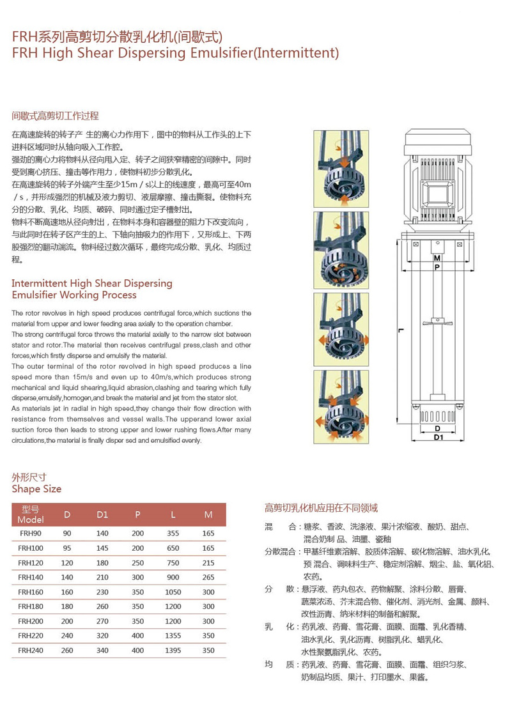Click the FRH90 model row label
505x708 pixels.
(x=30, y=533)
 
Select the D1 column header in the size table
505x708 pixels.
(x=102, y=514)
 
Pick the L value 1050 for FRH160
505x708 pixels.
(x=173, y=592)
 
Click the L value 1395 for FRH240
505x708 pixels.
(x=173, y=650)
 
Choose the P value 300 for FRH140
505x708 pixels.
(x=137, y=577)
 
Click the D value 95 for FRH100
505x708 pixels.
(x=67, y=548)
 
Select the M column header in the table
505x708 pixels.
(x=208, y=514)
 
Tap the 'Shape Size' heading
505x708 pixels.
(x=37, y=489)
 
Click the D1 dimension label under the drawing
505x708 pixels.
(x=438, y=438)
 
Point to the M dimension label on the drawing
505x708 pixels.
(x=437, y=258)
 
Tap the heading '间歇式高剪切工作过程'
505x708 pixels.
(x=56, y=116)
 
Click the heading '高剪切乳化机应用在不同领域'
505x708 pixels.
(x=321, y=508)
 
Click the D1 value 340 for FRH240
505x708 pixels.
(x=102, y=650)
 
